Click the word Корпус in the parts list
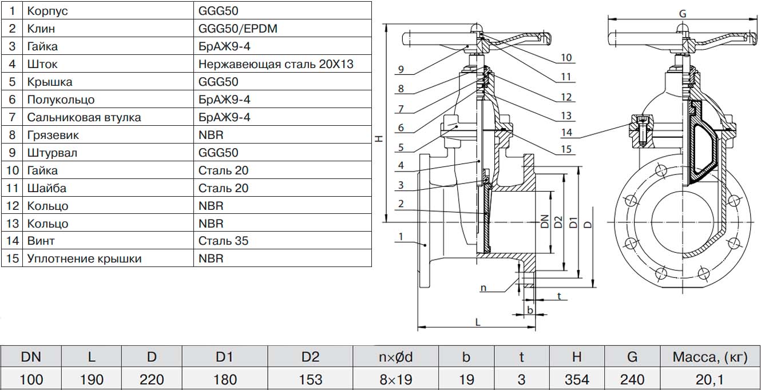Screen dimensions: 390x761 click(50, 10)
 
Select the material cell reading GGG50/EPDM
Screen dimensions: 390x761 click(237, 28)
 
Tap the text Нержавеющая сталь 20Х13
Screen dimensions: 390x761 click(276, 63)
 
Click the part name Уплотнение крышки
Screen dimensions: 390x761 click(84, 258)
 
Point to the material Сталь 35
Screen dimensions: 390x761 click(223, 241)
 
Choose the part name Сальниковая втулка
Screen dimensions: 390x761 click(84, 117)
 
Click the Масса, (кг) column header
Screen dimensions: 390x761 click(710, 357)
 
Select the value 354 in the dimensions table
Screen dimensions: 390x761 click(576, 379)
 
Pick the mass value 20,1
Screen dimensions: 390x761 click(710, 379)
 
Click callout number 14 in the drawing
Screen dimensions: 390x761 click(566, 133)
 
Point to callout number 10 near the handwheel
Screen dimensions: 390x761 click(566, 58)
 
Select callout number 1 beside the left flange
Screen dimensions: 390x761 click(401, 236)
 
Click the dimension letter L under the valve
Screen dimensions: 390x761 click(478, 322)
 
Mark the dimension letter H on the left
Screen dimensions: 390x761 click(379, 139)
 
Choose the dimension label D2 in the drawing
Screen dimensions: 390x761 click(559, 222)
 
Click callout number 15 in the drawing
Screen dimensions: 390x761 click(566, 150)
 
